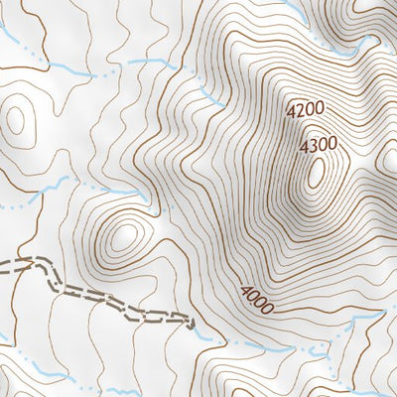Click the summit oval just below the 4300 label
point(317,174)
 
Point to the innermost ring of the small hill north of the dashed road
point(124,235)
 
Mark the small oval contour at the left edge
point(14,119)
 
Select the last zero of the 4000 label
point(265,305)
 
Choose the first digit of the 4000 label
point(242,290)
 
